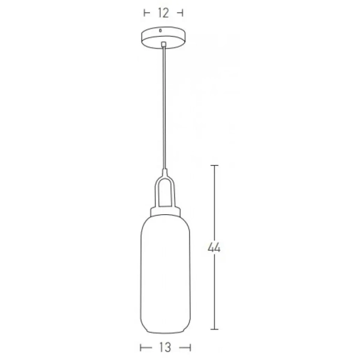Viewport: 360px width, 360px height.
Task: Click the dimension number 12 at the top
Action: [163, 12]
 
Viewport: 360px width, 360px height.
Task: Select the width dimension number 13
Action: [165, 347]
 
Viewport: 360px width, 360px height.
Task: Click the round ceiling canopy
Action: [163, 38]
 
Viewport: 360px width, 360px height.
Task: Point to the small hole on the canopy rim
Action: [163, 31]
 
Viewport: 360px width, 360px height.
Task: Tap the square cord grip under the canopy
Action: [163, 46]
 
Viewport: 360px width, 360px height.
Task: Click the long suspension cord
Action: [163, 108]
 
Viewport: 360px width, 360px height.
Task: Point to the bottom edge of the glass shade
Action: [165, 332]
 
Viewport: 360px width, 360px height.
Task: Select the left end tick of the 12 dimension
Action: [145, 12]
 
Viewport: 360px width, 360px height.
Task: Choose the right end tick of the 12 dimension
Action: [181, 12]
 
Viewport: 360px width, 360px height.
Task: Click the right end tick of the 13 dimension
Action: [190, 347]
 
